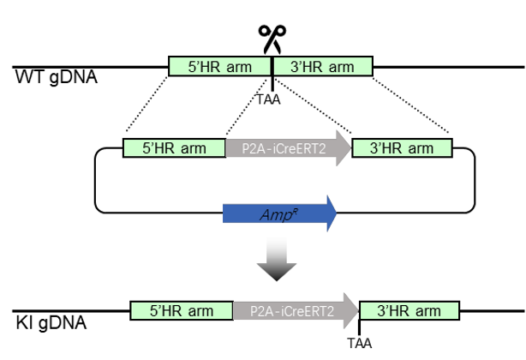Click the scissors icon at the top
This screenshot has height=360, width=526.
(x=272, y=39)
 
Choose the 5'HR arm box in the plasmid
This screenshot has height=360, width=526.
(x=174, y=147)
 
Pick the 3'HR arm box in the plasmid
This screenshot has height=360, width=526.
(x=402, y=147)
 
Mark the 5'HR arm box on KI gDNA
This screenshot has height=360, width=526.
(x=182, y=309)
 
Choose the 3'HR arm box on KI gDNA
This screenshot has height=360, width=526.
(x=410, y=309)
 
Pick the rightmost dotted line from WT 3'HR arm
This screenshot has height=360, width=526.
(x=412, y=106)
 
